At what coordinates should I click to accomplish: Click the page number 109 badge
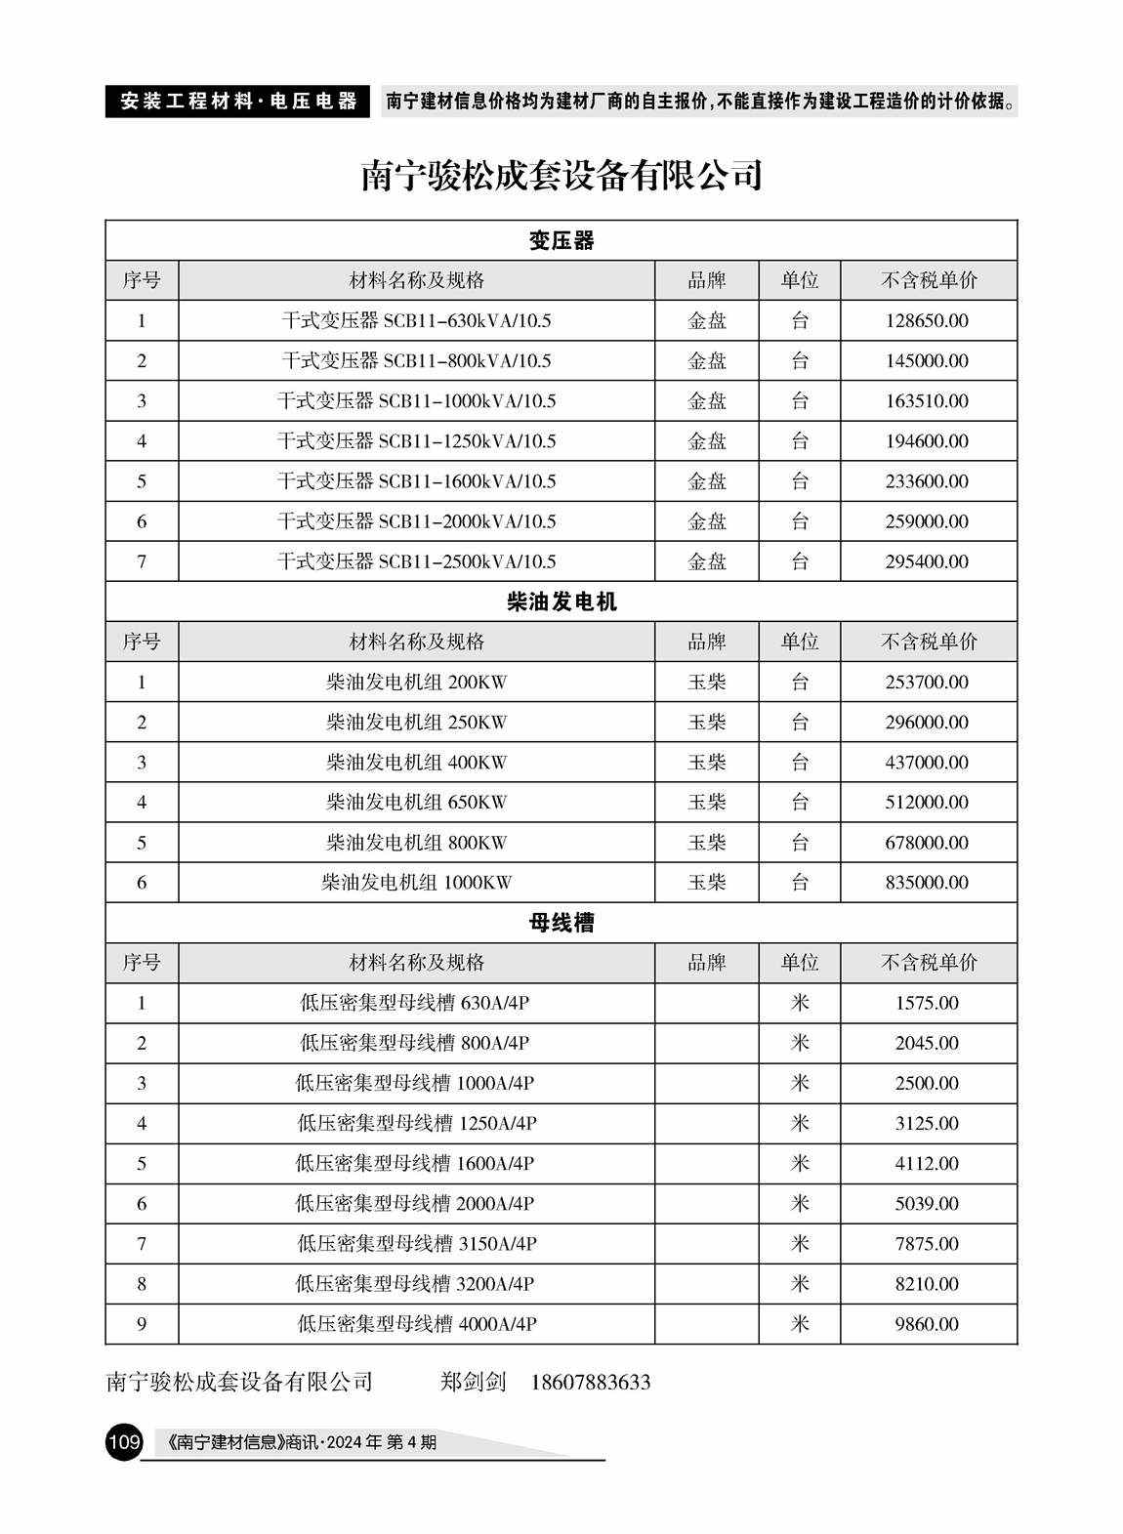(x=125, y=1441)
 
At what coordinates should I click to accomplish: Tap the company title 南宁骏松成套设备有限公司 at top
(x=561, y=176)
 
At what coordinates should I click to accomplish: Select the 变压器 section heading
(x=561, y=241)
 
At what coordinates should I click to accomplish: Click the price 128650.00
(x=927, y=321)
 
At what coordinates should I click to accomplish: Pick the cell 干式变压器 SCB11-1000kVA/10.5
(x=416, y=401)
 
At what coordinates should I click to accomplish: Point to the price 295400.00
(x=927, y=561)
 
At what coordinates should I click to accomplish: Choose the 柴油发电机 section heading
(x=561, y=602)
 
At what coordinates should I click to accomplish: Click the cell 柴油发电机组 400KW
(x=416, y=763)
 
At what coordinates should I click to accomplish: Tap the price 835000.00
(x=927, y=883)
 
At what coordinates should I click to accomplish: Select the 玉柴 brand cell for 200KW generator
(x=707, y=683)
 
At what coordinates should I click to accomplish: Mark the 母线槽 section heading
(x=561, y=923)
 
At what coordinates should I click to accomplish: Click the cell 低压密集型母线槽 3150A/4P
(x=416, y=1244)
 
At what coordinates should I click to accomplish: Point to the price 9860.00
(x=927, y=1324)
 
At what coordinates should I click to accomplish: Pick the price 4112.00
(x=927, y=1164)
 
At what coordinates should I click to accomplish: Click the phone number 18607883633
(x=591, y=1383)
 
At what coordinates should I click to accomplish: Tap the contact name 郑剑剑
(x=474, y=1383)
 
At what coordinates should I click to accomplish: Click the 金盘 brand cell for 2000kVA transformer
(x=707, y=521)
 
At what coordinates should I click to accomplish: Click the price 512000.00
(x=927, y=803)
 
